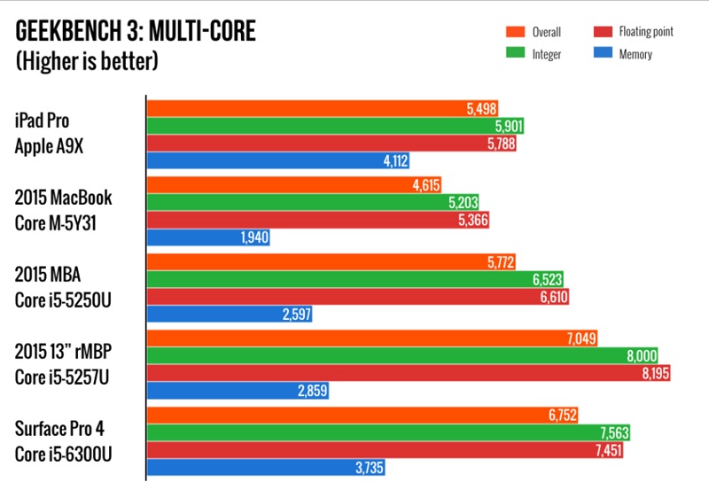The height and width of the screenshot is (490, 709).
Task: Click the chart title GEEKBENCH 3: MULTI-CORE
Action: point(135,34)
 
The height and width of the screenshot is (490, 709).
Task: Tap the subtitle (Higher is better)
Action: point(87,62)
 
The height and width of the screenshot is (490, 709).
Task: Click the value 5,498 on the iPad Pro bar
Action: point(481,108)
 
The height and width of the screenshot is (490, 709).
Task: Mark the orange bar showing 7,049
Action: point(372,338)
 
